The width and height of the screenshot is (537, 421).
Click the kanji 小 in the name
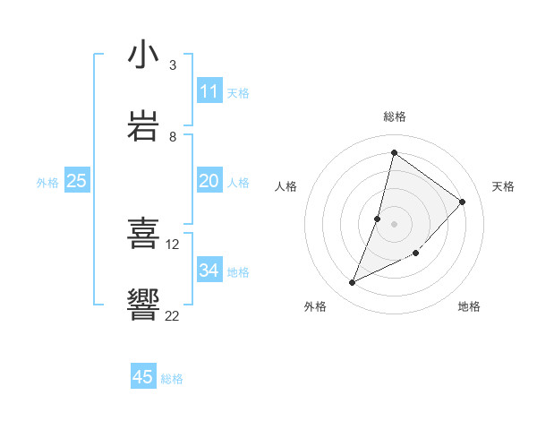coord(144,56)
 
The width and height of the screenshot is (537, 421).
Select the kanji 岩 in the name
coord(144,126)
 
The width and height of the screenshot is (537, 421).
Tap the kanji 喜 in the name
coord(144,234)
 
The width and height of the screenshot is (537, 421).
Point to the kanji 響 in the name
coord(144,305)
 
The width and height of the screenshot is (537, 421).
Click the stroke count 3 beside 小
coord(172,65)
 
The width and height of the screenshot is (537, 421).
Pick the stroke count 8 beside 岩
coord(172,137)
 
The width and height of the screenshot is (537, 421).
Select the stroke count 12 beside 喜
coord(173,244)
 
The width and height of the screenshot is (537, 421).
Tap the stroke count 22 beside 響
coord(173,315)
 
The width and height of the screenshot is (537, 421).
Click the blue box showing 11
coord(209,91)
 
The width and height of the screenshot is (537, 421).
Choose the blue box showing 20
coord(209,181)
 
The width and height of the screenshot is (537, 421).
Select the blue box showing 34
coord(209,271)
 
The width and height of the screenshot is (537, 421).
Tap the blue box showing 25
coord(77,181)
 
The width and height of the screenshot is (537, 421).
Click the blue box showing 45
coord(143,377)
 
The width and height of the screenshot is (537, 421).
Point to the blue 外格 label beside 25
coord(47,183)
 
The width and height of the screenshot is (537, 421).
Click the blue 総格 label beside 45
coord(172,379)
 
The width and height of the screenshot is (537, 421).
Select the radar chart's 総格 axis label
coord(395,116)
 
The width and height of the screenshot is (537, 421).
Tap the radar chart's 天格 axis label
coord(503,186)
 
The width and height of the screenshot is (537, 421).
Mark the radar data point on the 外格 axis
coord(353,283)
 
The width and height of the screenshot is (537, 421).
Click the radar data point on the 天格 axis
coord(463,202)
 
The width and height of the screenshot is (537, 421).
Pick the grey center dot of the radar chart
coord(395,223)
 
